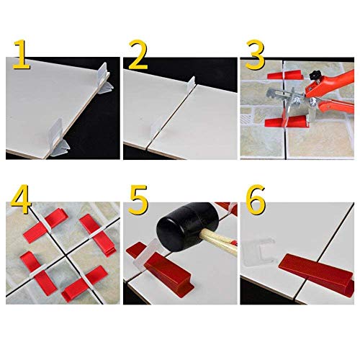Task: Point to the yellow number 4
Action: click(x=22, y=199)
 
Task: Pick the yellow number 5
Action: click(x=138, y=199)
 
